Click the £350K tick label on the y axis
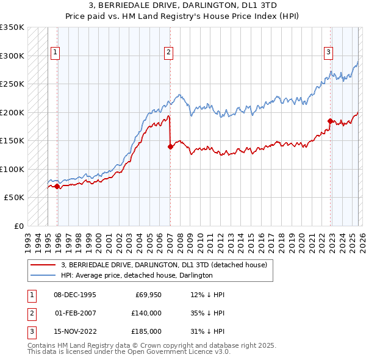(12, 27)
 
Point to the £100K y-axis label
(12, 169)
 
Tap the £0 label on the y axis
(18, 226)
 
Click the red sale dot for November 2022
(330, 121)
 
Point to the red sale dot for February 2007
(170, 146)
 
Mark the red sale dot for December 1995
(57, 186)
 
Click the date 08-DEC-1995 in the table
(75, 295)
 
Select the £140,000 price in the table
(146, 313)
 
